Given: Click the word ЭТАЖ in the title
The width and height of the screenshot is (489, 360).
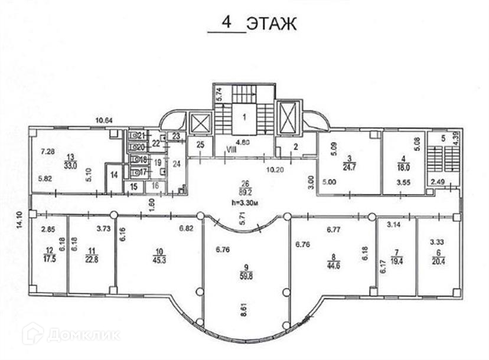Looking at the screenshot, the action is pyautogui.click(x=269, y=24).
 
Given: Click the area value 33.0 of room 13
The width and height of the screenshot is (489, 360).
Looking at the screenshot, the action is pyautogui.click(x=71, y=166).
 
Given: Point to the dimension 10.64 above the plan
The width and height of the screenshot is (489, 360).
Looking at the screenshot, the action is pyautogui.click(x=105, y=121).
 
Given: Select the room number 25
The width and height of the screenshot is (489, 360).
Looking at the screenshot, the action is pyautogui.click(x=200, y=145).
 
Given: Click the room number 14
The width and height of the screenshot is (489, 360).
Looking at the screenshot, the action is pyautogui.click(x=114, y=174).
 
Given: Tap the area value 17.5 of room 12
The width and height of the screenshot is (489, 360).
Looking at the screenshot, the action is pyautogui.click(x=48, y=257).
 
